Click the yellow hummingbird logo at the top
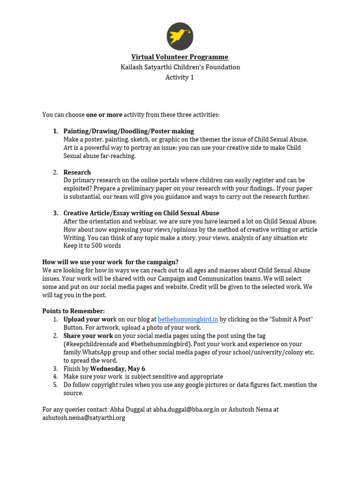180,37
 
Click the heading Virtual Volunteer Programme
180,57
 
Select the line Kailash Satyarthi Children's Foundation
180,67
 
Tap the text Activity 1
180,77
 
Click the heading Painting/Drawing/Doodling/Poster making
128,131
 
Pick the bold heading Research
77,172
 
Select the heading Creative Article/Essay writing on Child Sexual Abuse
141,213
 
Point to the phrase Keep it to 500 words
92,246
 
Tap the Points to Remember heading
74,311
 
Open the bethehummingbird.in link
188,320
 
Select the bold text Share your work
88,336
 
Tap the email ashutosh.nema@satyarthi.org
84,418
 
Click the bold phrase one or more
104,115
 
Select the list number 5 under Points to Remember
55,385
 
